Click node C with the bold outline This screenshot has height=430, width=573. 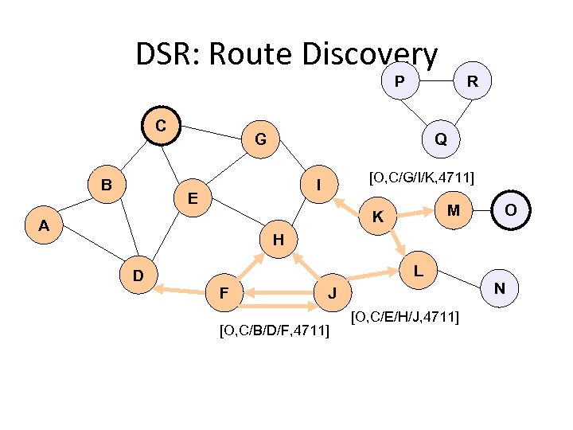[161, 126]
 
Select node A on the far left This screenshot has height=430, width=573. [44, 225]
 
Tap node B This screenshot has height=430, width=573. [106, 185]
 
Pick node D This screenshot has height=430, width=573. [138, 276]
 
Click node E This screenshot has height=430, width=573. [193, 197]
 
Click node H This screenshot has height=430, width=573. [278, 239]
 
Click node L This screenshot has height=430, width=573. [418, 272]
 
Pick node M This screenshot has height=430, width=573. [453, 209]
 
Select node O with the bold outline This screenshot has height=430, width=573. [510, 209]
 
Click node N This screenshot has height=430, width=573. [499, 287]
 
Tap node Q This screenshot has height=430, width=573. [440, 139]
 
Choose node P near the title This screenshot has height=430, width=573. [399, 80]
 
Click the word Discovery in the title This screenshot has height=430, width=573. [371, 54]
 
